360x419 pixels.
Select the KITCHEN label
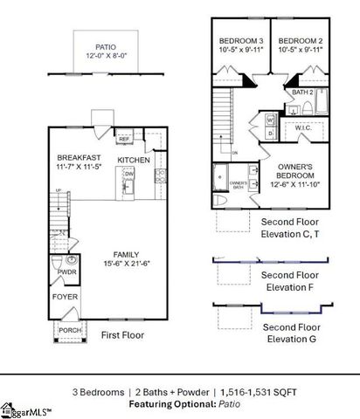134,160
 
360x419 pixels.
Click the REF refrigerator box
124,139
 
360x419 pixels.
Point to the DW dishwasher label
128,174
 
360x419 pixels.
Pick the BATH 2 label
301,92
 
